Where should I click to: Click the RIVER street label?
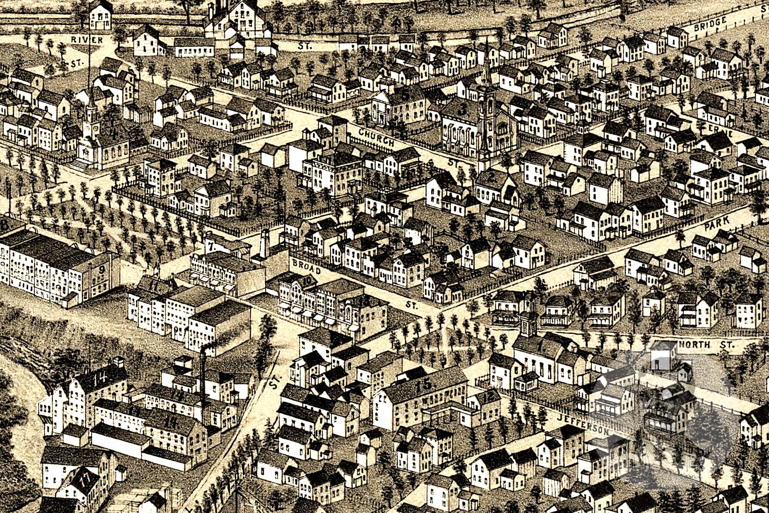click(x=87, y=40)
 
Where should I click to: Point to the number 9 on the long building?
click(x=102, y=270)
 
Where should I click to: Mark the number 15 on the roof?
click(x=424, y=385)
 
